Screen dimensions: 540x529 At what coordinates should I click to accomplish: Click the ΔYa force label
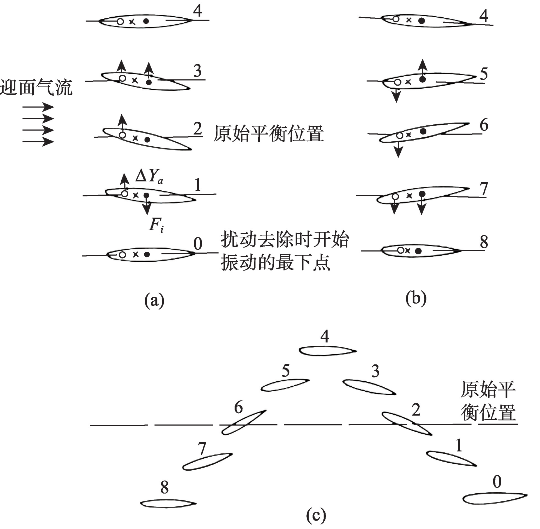coord(149,176)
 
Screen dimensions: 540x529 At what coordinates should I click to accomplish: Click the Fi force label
coord(156,225)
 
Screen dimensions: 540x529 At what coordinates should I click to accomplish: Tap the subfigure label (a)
coord(154,300)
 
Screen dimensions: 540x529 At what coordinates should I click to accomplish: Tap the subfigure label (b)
coord(416,298)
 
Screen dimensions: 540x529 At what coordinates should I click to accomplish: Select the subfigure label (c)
coord(316,515)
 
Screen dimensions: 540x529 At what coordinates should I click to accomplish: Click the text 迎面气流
coord(36,87)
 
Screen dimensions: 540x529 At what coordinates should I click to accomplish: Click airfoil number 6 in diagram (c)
coord(243,422)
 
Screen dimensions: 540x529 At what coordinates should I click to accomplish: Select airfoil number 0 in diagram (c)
coord(495,498)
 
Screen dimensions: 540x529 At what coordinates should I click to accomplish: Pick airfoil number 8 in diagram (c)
coord(168,504)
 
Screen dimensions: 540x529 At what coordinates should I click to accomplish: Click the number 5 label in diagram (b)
coord(484,74)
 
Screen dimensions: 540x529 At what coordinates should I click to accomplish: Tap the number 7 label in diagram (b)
coord(484,189)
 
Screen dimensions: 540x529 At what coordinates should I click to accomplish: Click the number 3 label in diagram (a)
coord(197,71)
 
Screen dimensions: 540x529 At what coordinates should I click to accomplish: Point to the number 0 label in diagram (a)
coord(197,244)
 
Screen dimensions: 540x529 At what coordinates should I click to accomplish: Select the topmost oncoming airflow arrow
coord(38,107)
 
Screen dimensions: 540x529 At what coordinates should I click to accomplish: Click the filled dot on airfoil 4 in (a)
coord(146,21)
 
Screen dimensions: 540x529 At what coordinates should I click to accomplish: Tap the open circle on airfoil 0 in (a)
coord(122,255)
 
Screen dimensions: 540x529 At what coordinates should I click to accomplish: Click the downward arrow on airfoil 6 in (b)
coord(398,147)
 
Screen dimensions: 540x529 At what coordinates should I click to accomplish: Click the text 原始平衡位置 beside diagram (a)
coord(268,133)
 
